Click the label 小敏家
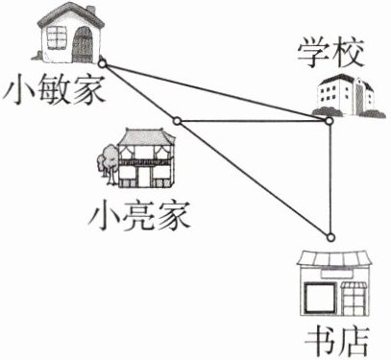54,89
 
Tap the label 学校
330,54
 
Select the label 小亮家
139,216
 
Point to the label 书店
337,342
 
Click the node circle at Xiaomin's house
102,64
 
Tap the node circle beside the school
329,121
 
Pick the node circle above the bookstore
330,237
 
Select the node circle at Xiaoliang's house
177,121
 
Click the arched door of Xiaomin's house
83,45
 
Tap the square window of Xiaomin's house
57,37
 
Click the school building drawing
348,95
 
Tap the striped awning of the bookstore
335,258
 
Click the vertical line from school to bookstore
330,180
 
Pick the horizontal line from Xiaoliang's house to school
253,121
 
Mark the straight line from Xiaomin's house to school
215,93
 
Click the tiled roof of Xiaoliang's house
146,136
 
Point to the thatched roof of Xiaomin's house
70,15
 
